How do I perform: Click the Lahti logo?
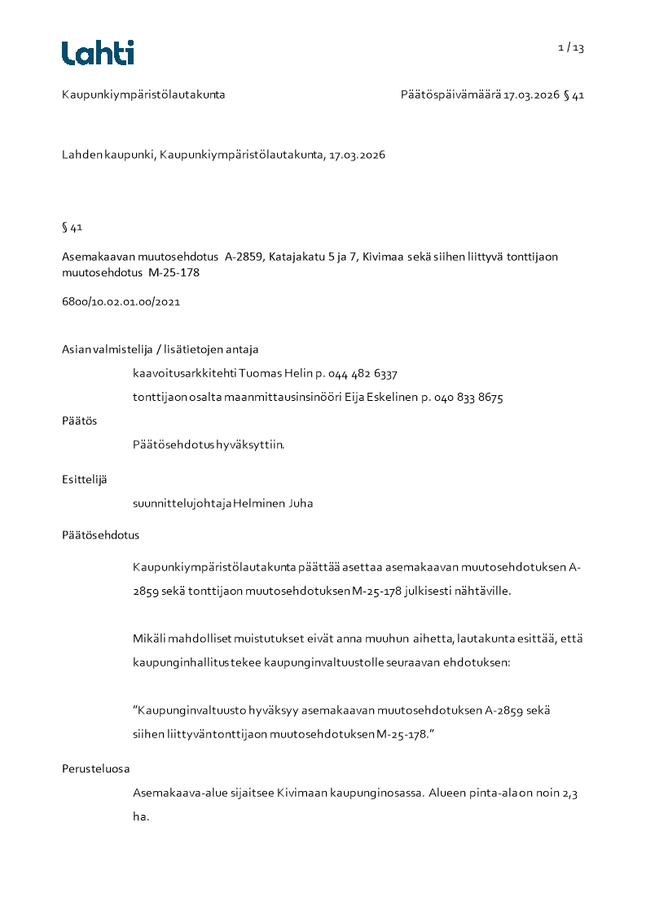[x=98, y=53]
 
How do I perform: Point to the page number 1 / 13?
[x=571, y=48]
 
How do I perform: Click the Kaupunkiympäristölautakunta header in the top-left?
[x=143, y=95]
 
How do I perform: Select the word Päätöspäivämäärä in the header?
[x=450, y=95]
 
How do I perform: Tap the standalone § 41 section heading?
[x=72, y=227]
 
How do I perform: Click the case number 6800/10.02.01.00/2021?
[x=121, y=301]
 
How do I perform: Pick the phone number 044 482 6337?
[x=363, y=374]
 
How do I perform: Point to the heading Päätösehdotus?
[x=100, y=535]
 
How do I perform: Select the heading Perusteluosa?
[x=95, y=768]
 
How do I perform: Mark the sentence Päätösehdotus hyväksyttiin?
[x=209, y=445]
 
